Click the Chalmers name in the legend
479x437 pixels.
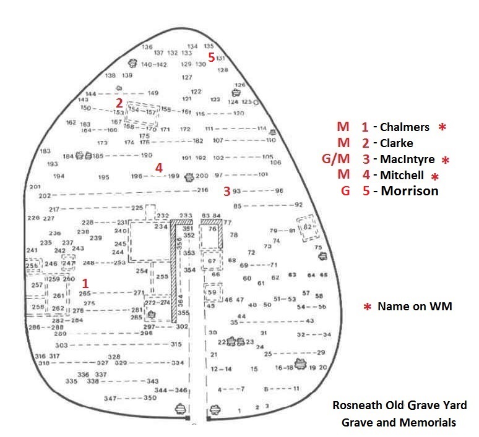pyautogui.click(x=404, y=127)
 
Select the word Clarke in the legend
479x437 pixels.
pyautogui.click(x=396, y=143)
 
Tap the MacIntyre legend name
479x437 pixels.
pyautogui.click(x=408, y=159)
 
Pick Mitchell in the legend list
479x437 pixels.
pyautogui.click(x=402, y=176)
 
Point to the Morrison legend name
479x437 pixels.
pyautogui.click(x=409, y=191)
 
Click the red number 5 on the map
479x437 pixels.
pyautogui.click(x=212, y=57)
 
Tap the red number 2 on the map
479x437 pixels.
pyautogui.click(x=119, y=103)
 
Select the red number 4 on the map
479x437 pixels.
pyautogui.click(x=159, y=168)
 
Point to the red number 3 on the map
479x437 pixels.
pyautogui.click(x=227, y=191)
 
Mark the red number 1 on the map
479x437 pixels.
pyautogui.click(x=84, y=282)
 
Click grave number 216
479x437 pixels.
pyautogui.click(x=203, y=190)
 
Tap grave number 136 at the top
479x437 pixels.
pyautogui.click(x=147, y=47)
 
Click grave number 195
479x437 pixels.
pyautogui.click(x=103, y=177)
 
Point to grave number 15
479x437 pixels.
pyautogui.click(x=254, y=369)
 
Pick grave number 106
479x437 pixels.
pyautogui.click(x=276, y=163)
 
